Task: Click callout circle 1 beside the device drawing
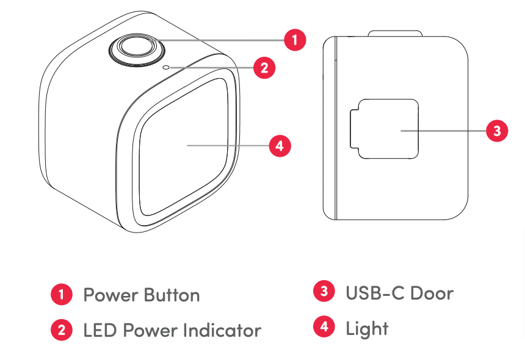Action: pyautogui.click(x=295, y=40)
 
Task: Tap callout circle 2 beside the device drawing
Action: pyautogui.click(x=264, y=68)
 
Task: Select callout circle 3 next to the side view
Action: pyautogui.click(x=497, y=131)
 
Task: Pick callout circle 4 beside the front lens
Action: pyautogui.click(x=280, y=146)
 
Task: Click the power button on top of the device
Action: pyautogui.click(x=137, y=49)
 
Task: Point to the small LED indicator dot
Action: pyautogui.click(x=166, y=68)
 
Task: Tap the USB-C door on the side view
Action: pyautogui.click(x=385, y=129)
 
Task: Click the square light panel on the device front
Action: pyautogui.click(x=184, y=147)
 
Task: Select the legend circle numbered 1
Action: pyautogui.click(x=62, y=295)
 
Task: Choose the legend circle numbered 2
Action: pyautogui.click(x=62, y=330)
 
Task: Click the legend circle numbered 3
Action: pyautogui.click(x=324, y=291)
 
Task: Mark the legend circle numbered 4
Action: pyautogui.click(x=324, y=326)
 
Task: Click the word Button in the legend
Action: pyautogui.click(x=172, y=295)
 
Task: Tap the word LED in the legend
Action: pyautogui.click(x=100, y=330)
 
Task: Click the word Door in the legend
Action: pyautogui.click(x=432, y=293)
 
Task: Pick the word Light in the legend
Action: pyautogui.click(x=367, y=329)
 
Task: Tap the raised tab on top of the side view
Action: pyautogui.click(x=395, y=33)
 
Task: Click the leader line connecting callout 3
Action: pyautogui.click(x=443, y=131)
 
